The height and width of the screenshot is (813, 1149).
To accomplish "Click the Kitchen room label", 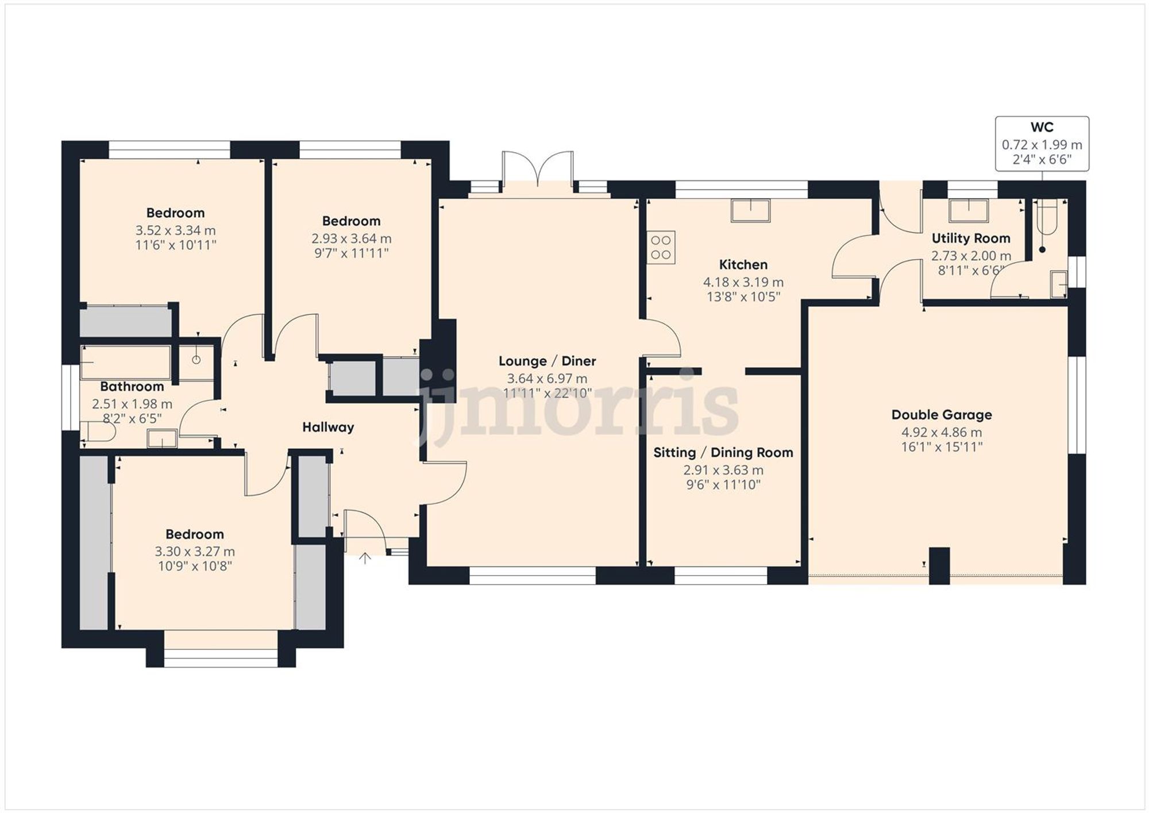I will pyautogui.click(x=743, y=265).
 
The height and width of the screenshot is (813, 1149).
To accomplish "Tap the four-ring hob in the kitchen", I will pyautogui.click(x=661, y=248).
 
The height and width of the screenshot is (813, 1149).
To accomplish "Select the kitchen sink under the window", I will pyautogui.click(x=750, y=210).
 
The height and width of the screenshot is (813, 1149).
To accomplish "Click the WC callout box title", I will pyautogui.click(x=1042, y=128).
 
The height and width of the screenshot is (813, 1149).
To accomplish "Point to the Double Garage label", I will pyautogui.click(x=942, y=415).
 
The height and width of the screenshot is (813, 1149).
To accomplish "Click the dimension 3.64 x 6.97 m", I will pyautogui.click(x=546, y=379).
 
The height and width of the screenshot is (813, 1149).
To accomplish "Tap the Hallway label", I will pyautogui.click(x=328, y=427).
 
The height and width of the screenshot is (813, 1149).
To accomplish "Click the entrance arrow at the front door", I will pyautogui.click(x=365, y=558).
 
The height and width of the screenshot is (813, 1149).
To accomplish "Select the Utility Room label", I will pyautogui.click(x=970, y=238).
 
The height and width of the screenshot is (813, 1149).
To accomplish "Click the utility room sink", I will pyautogui.click(x=969, y=210).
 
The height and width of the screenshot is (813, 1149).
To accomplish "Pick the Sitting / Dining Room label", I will pyautogui.click(x=723, y=453).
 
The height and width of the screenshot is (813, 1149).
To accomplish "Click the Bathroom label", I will pyautogui.click(x=132, y=387).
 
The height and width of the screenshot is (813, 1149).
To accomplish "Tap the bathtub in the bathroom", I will pyautogui.click(x=126, y=362).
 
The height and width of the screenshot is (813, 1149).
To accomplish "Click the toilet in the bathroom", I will pyautogui.click(x=95, y=431).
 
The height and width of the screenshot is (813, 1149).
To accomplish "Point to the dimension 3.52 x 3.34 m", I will pyautogui.click(x=175, y=231).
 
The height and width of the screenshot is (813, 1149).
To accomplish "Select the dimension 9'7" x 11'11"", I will pyautogui.click(x=351, y=253).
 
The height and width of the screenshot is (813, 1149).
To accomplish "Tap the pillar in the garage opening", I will pyautogui.click(x=939, y=566).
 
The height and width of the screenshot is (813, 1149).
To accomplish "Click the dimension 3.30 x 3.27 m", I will pyautogui.click(x=194, y=552).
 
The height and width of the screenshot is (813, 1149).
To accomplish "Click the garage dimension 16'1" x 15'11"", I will pyautogui.click(x=942, y=447).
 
